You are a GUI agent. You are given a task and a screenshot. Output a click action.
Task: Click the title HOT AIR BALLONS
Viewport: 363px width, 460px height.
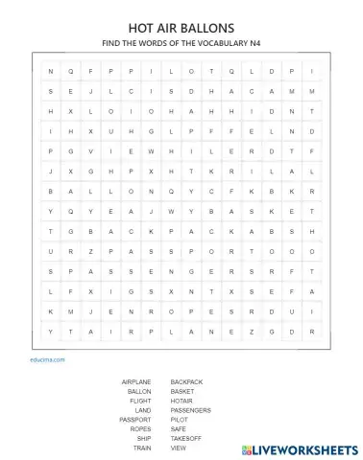click(x=181, y=29)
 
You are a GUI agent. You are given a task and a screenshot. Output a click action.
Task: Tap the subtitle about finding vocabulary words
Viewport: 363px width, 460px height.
click(x=181, y=44)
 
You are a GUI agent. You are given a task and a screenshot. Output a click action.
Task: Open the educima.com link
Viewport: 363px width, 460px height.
click(x=46, y=358)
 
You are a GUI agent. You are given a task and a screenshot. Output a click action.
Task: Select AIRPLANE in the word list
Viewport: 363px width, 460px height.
click(x=136, y=382)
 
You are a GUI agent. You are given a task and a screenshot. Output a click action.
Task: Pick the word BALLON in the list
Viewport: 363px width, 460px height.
click(x=139, y=392)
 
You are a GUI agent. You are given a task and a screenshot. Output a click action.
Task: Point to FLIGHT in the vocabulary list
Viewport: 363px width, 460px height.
click(x=140, y=402)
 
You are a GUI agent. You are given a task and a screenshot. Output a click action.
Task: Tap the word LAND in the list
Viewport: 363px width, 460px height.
click(x=143, y=410)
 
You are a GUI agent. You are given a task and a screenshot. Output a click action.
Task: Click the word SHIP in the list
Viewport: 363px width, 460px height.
click(x=144, y=438)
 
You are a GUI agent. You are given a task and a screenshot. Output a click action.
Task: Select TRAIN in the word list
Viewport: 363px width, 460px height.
click(x=142, y=448)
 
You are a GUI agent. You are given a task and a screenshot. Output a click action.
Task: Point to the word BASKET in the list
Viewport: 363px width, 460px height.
click(x=182, y=392)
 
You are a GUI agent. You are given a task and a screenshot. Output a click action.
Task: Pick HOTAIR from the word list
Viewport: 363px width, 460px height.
click(x=182, y=402)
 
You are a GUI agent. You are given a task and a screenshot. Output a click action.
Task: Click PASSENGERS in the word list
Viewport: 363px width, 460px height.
click(x=190, y=410)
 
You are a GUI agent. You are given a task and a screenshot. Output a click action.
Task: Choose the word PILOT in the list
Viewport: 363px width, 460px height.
click(x=180, y=420)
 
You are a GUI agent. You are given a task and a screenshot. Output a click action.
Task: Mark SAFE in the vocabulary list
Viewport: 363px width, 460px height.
click(x=179, y=429)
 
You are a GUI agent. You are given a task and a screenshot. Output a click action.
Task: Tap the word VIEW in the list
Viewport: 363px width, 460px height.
click(x=179, y=448)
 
